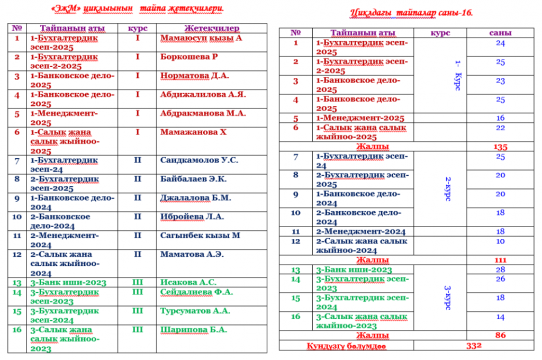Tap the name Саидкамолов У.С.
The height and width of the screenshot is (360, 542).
coord(199,160)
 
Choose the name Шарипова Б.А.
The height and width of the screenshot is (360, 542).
coord(193,329)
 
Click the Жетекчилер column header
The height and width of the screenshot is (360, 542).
coord(212,29)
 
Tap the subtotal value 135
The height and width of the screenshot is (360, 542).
coord(500,147)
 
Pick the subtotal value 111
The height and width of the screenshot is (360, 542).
coord(500,260)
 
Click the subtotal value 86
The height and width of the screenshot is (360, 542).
coord(500,335)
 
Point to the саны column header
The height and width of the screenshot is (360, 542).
coord(500,33)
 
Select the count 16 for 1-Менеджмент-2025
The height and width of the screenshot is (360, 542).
coord(500,118)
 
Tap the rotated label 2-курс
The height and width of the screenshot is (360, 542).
coord(448,189)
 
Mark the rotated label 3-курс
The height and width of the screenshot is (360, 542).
coord(448,298)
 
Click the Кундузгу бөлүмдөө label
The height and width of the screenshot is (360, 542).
coord(346,346)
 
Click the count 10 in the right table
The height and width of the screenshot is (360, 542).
coord(500,241)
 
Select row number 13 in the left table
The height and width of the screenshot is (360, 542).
coord(17,282)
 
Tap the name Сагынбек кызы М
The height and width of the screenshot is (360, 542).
coord(200,235)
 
